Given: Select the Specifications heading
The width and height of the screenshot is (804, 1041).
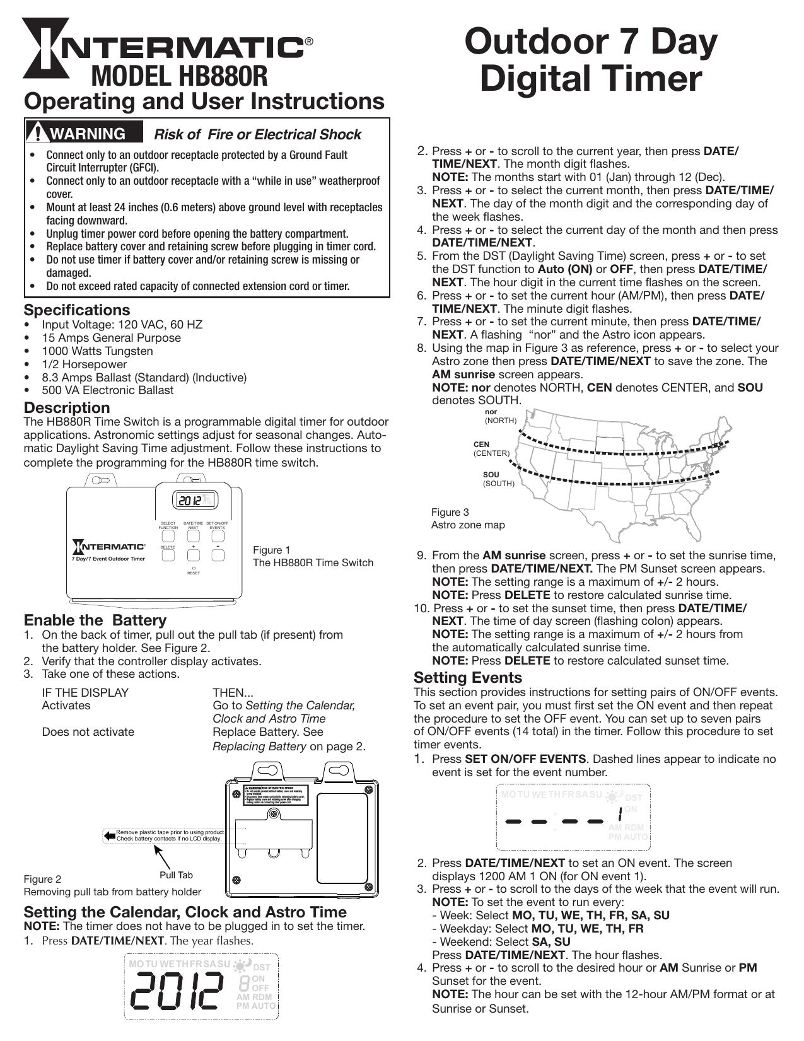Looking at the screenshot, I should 77,310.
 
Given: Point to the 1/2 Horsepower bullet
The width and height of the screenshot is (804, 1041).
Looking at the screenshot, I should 84,364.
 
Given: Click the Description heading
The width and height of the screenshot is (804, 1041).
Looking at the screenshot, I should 67,407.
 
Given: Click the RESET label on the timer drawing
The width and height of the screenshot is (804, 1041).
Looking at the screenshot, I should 194,573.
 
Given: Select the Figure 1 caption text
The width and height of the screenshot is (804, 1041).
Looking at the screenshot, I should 313,556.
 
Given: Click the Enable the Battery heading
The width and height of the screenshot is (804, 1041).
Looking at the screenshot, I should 95,620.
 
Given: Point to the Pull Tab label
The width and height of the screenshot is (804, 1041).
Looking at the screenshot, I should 176,875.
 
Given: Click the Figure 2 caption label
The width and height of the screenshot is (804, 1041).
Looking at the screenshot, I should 42,879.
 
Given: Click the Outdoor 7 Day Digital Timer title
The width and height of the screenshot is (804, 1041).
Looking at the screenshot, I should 591,60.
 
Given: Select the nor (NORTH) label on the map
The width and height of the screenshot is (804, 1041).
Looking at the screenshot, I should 500,416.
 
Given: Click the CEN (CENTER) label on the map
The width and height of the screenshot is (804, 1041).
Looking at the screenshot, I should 491,449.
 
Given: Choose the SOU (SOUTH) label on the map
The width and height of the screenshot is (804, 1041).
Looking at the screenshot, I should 498,479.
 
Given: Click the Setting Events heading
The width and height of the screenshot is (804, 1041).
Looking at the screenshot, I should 468,678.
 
